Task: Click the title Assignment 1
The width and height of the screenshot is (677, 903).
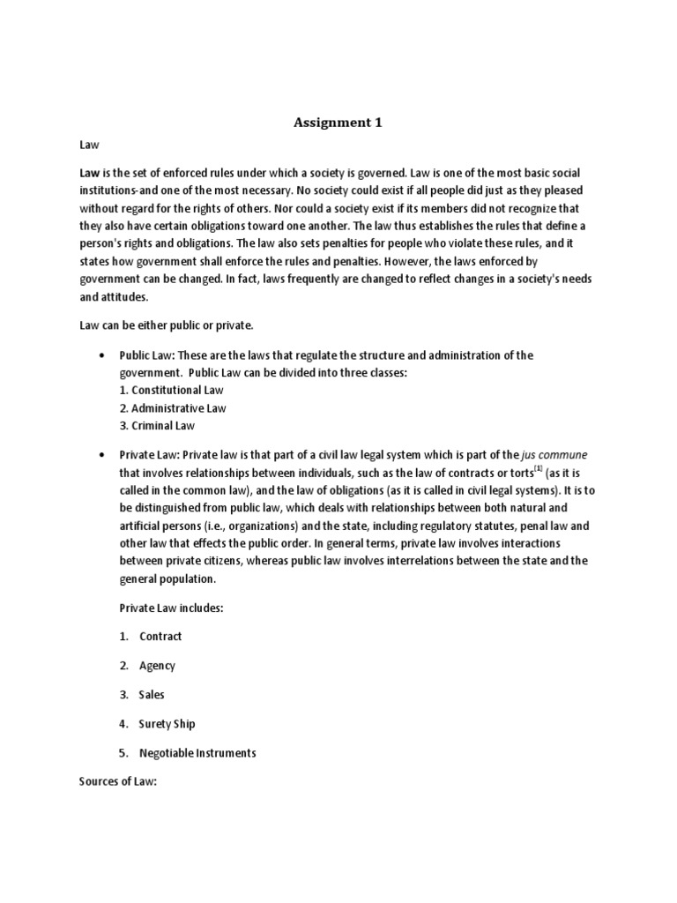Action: (x=338, y=123)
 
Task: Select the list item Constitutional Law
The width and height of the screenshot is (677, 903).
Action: (x=172, y=389)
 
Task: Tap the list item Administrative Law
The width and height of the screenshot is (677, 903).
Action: (x=174, y=407)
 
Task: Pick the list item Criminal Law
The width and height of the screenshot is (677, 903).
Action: (x=158, y=425)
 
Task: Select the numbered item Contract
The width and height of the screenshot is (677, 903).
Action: (x=160, y=636)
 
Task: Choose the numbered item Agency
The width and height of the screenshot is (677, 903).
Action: (x=157, y=665)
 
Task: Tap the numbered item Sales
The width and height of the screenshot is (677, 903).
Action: (x=152, y=694)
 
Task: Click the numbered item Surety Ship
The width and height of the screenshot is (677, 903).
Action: (x=167, y=723)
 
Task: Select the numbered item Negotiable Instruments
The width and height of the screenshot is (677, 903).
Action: (x=197, y=752)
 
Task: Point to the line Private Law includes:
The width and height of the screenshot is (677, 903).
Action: (x=172, y=607)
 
